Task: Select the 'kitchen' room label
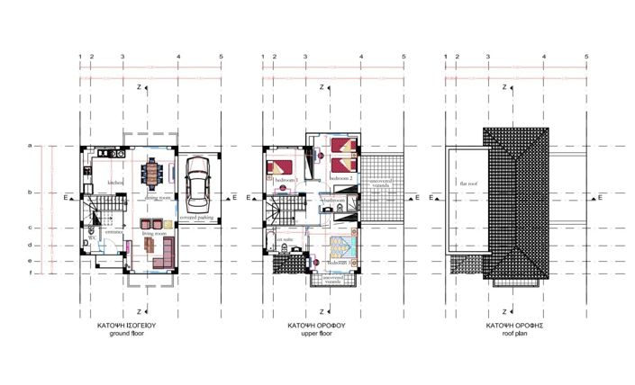115,183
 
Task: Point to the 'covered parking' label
195,218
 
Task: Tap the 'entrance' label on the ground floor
113,232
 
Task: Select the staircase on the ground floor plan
95,215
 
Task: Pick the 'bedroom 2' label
340,179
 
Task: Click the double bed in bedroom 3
280,168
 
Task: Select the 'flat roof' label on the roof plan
469,184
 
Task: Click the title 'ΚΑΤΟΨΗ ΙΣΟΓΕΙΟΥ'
132,325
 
